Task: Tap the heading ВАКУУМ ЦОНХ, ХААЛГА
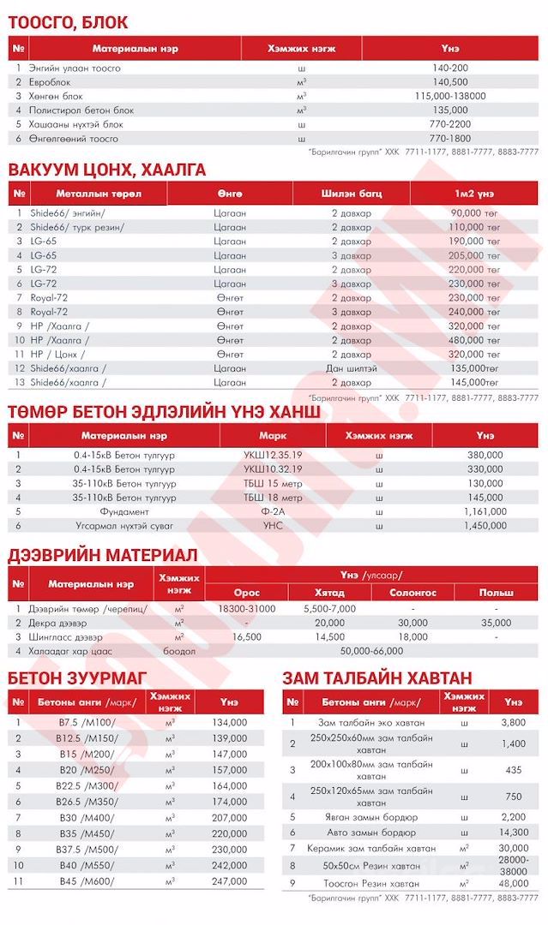point(106,170)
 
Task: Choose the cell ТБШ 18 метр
point(272,497)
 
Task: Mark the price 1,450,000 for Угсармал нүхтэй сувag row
point(485,524)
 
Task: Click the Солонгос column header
point(413,592)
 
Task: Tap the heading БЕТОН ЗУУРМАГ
point(76,678)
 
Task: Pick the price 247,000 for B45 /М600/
point(228,880)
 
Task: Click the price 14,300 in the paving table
point(514,832)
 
